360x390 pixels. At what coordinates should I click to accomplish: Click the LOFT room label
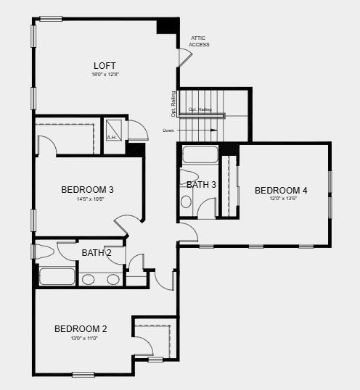coord(105,65)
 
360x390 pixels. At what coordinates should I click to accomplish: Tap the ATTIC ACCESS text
coord(199,41)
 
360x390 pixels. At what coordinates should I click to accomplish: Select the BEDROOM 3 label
coord(87,189)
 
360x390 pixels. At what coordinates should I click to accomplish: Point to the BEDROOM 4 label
coord(281,190)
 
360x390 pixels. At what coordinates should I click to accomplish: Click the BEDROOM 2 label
coord(81,329)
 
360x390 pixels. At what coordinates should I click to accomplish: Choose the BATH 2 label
coord(96,253)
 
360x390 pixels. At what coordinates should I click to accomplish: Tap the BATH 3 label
coord(201,185)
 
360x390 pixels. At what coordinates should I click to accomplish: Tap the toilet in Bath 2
coord(44,252)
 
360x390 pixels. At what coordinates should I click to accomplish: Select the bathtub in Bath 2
coord(57,276)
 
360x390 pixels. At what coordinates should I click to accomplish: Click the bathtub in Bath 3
coord(200,154)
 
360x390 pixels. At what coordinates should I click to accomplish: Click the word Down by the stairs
coord(168,130)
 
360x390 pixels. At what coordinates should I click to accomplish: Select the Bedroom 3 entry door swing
coord(125,224)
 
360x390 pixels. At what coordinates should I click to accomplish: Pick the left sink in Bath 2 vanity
coord(88,279)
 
